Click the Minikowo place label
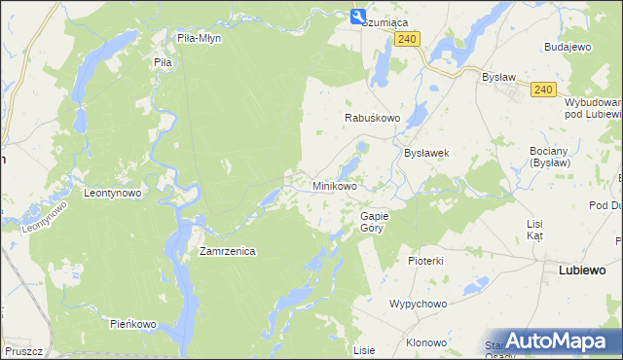[x=334, y=185]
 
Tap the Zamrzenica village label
[x=227, y=251]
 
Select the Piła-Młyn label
[x=200, y=38]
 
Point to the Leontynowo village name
[x=113, y=193]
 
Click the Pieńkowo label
[x=133, y=323]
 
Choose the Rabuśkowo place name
[x=373, y=118]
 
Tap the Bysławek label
[x=425, y=154]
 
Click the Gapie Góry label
[x=374, y=222]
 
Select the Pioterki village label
[x=426, y=261]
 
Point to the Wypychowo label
[x=418, y=304]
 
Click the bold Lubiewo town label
[x=583, y=270]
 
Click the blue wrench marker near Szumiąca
[x=358, y=16]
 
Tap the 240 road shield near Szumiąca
[x=408, y=38]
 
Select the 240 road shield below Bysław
[x=544, y=90]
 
